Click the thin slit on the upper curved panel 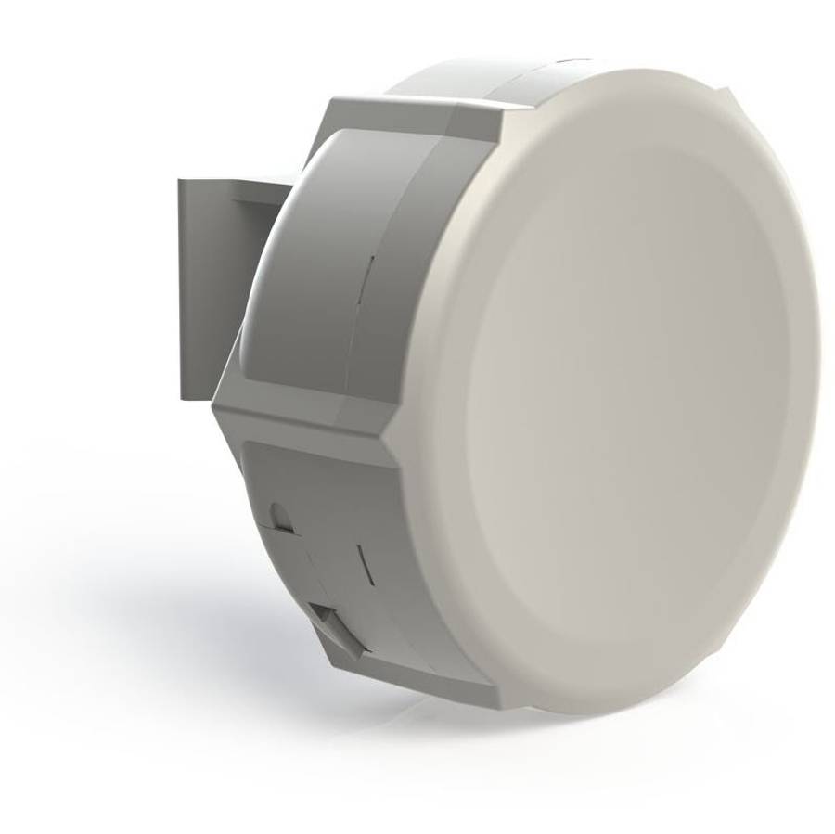pos(368,278)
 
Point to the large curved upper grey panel pos(297,278)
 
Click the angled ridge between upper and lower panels pos(306,422)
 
